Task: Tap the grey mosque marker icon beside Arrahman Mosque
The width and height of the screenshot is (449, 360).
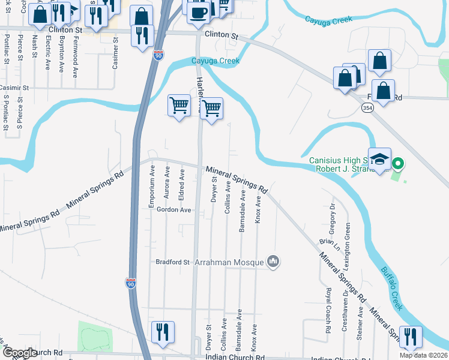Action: (274, 261)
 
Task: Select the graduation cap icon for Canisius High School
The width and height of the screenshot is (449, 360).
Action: (379, 159)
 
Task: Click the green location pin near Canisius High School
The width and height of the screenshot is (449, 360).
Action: (396, 163)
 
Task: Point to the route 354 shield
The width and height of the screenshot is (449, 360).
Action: (367, 107)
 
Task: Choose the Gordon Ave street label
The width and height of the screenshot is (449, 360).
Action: (173, 210)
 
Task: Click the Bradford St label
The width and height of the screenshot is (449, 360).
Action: (172, 262)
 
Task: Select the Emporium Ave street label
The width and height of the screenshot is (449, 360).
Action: (152, 187)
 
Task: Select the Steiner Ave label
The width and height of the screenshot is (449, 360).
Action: (360, 324)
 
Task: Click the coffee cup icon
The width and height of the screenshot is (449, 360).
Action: (199, 12)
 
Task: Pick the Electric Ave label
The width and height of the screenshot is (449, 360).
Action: (48, 55)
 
